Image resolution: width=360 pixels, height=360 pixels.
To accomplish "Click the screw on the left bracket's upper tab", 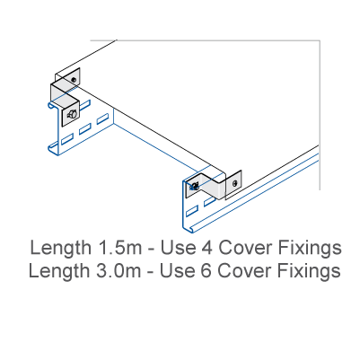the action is pyautogui.click(x=74, y=80).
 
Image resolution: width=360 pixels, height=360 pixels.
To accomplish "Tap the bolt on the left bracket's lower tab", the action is pyautogui.click(x=72, y=114).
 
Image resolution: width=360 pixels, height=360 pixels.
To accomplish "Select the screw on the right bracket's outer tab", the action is pyautogui.click(x=235, y=183).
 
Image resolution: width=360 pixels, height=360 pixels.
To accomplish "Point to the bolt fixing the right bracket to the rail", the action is pyautogui.click(x=194, y=187).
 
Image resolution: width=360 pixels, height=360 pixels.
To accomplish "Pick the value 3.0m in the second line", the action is pyautogui.click(x=119, y=270).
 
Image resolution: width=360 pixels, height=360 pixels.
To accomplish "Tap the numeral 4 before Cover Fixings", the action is pyautogui.click(x=206, y=248).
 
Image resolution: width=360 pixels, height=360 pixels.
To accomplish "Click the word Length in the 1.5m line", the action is pyautogui.click(x=61, y=249).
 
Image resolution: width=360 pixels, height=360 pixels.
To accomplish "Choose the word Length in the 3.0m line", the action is pyautogui.click(x=59, y=271).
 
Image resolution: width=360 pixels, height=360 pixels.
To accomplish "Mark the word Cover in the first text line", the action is pyautogui.click(x=245, y=248).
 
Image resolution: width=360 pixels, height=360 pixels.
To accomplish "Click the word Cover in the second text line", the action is pyautogui.click(x=244, y=270).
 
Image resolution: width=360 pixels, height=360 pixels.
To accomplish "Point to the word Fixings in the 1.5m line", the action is pyautogui.click(x=310, y=249).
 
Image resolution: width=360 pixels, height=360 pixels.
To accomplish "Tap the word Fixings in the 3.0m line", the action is pyautogui.click(x=309, y=271).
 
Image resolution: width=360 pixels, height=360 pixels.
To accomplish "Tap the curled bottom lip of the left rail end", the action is pyautogui.click(x=53, y=150).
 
